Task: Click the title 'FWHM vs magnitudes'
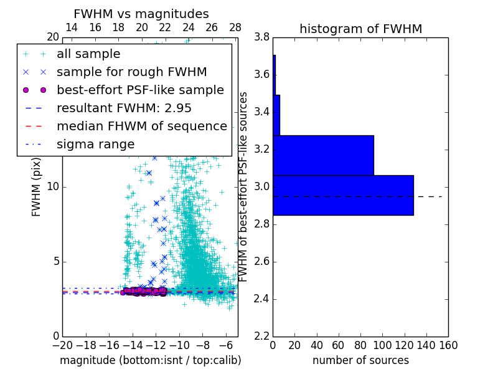pos(141,14)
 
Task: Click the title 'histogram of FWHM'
pos(360,29)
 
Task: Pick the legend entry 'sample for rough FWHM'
pos(131,72)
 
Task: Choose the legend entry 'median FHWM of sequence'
pos(141,126)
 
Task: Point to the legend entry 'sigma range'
pos(95,144)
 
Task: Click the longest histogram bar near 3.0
pos(343,195)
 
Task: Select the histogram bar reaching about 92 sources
pos(323,155)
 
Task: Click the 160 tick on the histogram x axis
pos(448,345)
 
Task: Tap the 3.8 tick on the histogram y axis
pos(261,37)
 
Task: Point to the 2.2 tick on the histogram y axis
pos(261,336)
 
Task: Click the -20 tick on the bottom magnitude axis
pos(62,345)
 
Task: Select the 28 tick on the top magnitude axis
pos(235,27)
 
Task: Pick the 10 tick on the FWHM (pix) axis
pos(53,186)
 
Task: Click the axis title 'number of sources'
pos(360,360)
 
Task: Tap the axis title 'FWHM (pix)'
pos(37,187)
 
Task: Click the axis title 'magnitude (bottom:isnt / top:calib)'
pos(150,360)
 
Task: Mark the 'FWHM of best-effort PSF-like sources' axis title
pos(243,186)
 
